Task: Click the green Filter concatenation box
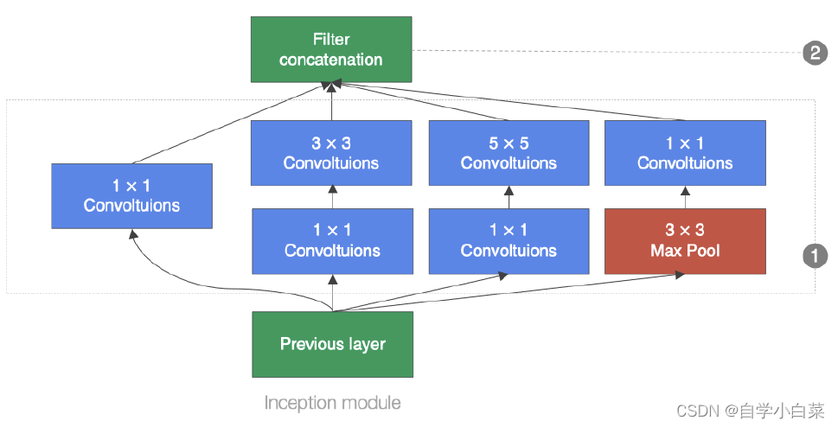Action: [x=331, y=49]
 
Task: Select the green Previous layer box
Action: [x=332, y=344]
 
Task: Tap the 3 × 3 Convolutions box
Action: [x=332, y=153]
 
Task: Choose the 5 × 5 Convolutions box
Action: [x=509, y=153]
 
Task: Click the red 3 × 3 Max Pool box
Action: [x=685, y=241]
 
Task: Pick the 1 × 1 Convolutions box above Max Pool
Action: [x=685, y=153]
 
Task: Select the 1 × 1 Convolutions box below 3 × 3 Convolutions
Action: [x=332, y=241]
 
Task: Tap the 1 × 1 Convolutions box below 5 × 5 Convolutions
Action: [x=509, y=241]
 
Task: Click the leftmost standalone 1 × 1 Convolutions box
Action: [x=131, y=196]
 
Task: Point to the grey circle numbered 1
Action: [x=814, y=255]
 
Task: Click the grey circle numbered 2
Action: [x=814, y=54]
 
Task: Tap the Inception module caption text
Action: [x=332, y=403]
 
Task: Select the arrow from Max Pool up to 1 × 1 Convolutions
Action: [x=685, y=197]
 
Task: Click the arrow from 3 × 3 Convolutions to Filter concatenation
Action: [x=332, y=102]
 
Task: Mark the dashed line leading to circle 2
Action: [x=605, y=52]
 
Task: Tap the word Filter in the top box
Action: [x=331, y=39]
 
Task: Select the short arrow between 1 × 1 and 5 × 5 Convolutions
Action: [x=509, y=197]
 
